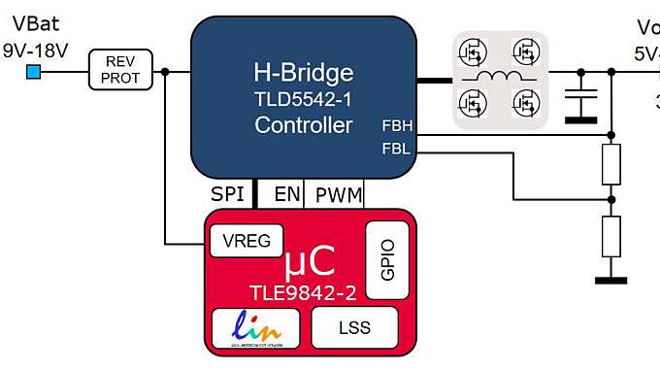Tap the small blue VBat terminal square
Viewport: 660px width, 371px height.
[x=33, y=71]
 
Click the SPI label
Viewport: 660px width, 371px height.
[x=227, y=194]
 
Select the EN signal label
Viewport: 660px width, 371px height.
[x=287, y=194]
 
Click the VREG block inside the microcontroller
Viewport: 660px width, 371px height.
[x=247, y=240]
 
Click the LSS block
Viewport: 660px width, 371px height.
[x=354, y=327]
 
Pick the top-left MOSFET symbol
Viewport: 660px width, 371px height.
[x=474, y=51]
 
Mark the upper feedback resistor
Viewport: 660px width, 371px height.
[x=610, y=166]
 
